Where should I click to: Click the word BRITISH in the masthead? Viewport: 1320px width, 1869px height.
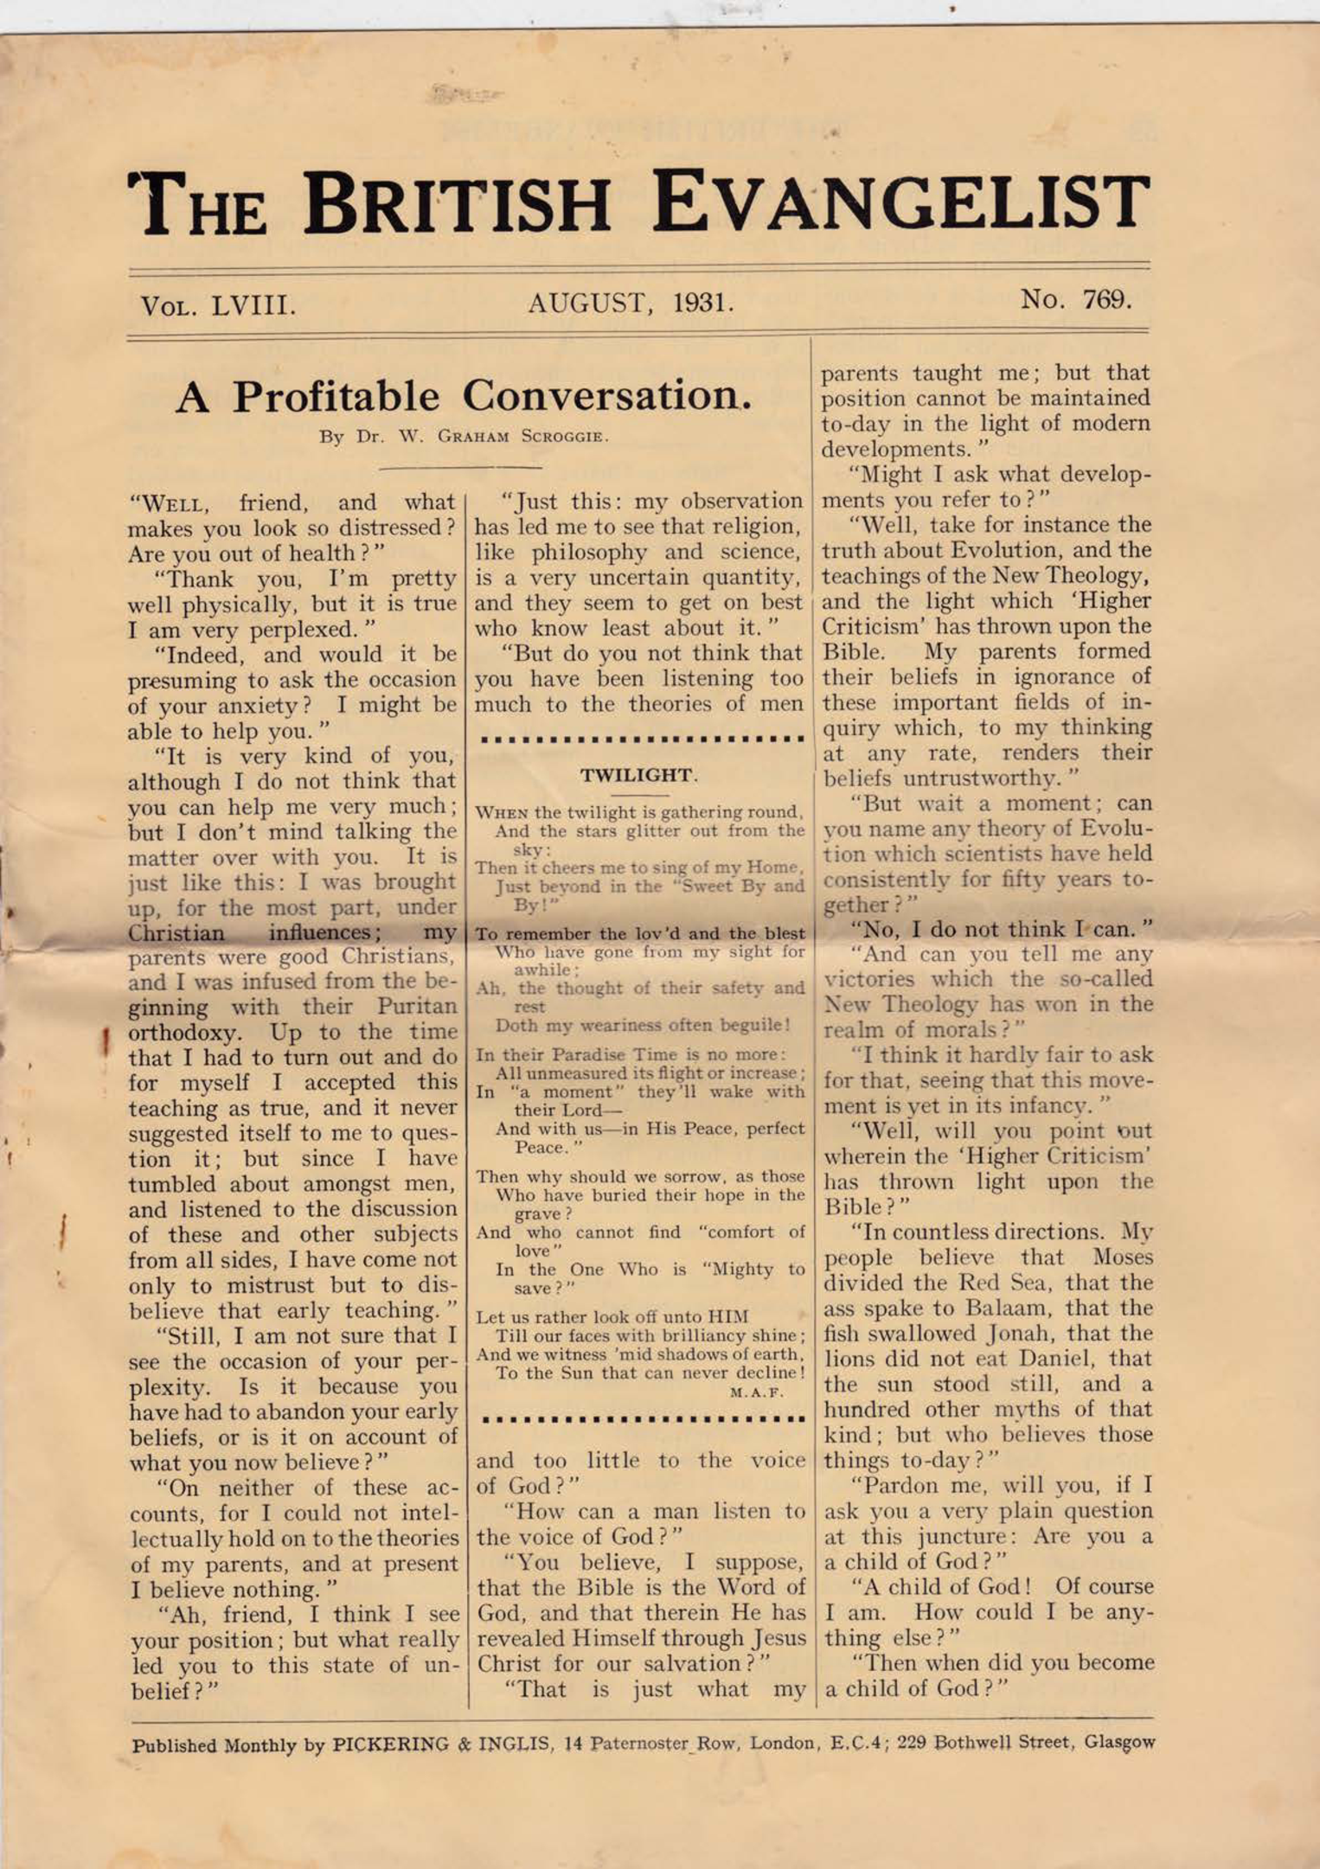457,204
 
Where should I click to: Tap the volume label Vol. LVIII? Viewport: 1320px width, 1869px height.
218,305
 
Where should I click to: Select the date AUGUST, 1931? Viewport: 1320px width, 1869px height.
631,303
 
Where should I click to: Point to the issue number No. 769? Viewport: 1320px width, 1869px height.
1075,300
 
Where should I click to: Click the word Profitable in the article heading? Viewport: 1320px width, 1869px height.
336,397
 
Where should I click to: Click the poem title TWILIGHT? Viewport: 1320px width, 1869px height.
638,775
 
